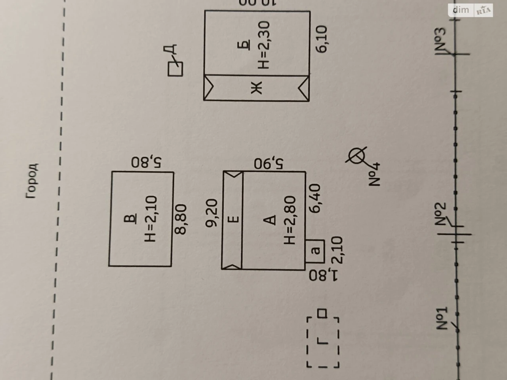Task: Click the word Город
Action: pyautogui.click(x=32, y=181)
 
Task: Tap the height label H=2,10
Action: pyautogui.click(x=151, y=219)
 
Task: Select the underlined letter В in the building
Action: pyautogui.click(x=130, y=219)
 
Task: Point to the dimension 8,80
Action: pyautogui.click(x=180, y=219)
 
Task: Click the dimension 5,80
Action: pyautogui.click(x=147, y=162)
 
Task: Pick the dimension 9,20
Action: pyautogui.click(x=212, y=213)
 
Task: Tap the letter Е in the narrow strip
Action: pyautogui.click(x=233, y=219)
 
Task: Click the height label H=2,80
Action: pyautogui.click(x=290, y=220)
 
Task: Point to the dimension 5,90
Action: pyautogui.click(x=269, y=163)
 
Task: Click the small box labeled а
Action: pyautogui.click(x=315, y=251)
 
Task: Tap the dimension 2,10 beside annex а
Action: pyautogui.click(x=337, y=250)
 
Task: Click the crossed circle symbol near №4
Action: pyautogui.click(x=356, y=156)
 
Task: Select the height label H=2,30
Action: pyautogui.click(x=263, y=45)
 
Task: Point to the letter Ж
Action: pyautogui.click(x=256, y=87)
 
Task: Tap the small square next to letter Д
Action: pyautogui.click(x=175, y=69)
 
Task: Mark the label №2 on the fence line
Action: pyautogui.click(x=441, y=214)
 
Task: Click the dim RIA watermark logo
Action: pyautogui.click(x=471, y=10)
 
